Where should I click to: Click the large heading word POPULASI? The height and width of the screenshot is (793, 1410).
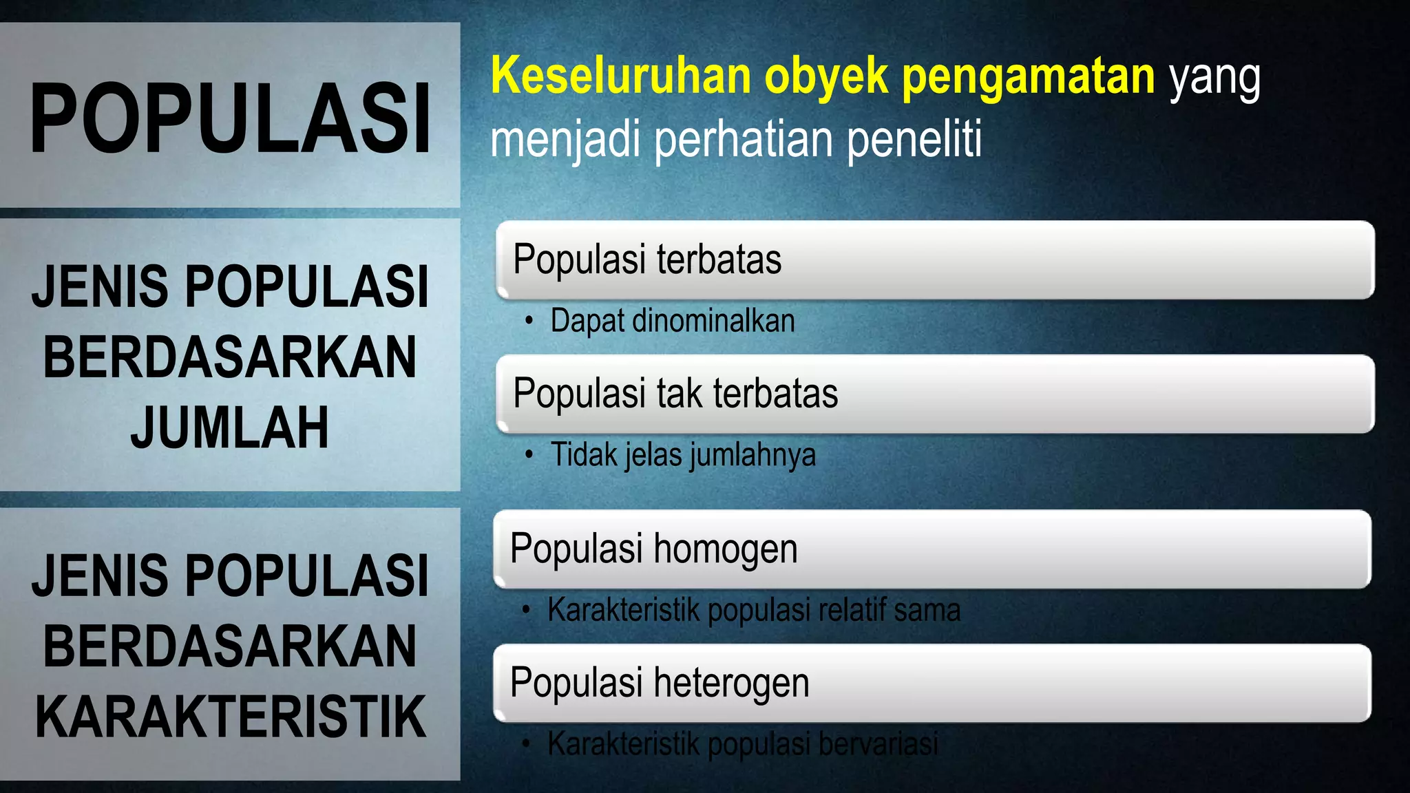(x=230, y=117)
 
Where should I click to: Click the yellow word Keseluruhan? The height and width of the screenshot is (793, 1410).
(x=620, y=76)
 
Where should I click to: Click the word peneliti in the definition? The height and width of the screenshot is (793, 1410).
(x=914, y=139)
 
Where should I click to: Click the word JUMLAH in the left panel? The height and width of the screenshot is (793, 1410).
(x=230, y=427)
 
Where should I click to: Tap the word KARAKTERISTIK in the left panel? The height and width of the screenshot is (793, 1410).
(x=230, y=717)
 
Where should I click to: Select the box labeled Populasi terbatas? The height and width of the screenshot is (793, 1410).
(x=935, y=260)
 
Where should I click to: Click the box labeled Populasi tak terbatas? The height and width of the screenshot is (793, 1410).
(x=935, y=394)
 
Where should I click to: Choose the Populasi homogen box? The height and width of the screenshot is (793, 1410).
(x=932, y=549)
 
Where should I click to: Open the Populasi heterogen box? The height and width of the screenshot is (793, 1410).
(x=932, y=683)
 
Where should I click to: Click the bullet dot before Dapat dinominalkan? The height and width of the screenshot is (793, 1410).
(x=528, y=321)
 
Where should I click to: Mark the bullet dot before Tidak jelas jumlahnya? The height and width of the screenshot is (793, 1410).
(x=528, y=454)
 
